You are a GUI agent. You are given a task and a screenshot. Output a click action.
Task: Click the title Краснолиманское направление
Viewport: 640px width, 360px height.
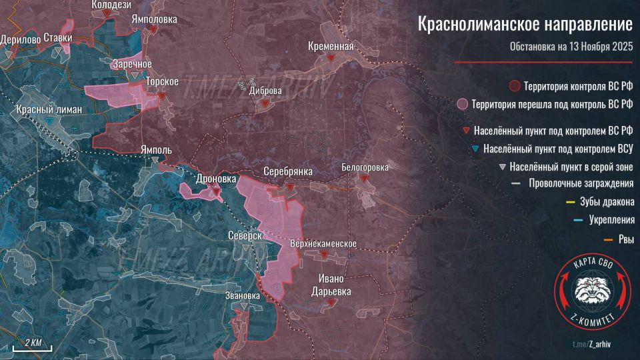(x=525, y=25)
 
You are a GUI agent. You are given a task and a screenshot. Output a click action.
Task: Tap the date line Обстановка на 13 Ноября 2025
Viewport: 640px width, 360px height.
(x=571, y=47)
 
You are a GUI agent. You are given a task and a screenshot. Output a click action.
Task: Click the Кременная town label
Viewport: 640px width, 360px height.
(x=331, y=46)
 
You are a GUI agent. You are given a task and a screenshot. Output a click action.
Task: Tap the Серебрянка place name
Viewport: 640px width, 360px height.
(x=287, y=171)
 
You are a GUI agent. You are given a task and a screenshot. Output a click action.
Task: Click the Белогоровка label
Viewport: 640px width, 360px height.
(x=364, y=167)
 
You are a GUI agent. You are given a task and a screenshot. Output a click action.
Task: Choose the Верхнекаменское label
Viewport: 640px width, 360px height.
(x=323, y=244)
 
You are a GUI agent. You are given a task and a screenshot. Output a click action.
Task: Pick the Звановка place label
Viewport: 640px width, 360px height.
(x=243, y=295)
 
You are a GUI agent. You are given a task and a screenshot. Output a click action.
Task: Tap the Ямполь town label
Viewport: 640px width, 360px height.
(x=156, y=150)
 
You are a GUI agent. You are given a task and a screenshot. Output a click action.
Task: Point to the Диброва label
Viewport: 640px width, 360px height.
(x=265, y=91)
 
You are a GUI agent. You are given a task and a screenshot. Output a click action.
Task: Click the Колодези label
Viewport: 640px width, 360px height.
(x=111, y=5)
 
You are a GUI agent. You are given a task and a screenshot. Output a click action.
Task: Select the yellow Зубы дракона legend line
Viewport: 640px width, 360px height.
(x=570, y=202)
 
